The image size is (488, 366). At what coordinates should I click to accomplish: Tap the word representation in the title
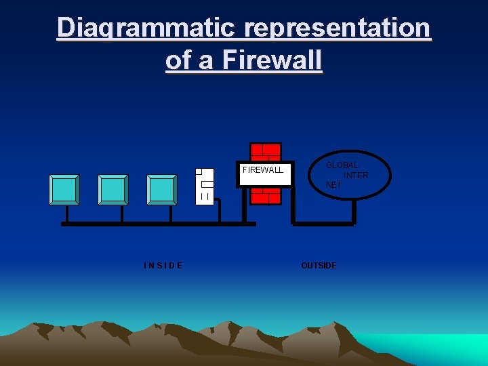click(x=337, y=28)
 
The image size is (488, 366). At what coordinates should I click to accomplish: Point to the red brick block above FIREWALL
click(x=265, y=152)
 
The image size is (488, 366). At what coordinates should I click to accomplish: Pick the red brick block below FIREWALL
click(x=265, y=196)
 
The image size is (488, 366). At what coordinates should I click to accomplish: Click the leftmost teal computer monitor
click(x=64, y=189)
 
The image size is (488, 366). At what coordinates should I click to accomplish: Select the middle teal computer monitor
click(x=113, y=189)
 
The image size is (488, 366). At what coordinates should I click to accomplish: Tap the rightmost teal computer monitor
click(x=162, y=189)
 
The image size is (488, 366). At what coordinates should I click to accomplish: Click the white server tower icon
click(x=205, y=185)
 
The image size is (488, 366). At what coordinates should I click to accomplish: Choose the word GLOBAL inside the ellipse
click(x=342, y=165)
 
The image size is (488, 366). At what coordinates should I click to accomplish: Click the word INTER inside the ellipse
click(x=356, y=176)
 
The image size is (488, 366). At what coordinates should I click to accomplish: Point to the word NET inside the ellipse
click(x=333, y=184)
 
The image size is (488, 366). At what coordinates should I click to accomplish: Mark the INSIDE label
click(x=163, y=265)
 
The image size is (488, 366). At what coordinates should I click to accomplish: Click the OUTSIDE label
click(x=319, y=265)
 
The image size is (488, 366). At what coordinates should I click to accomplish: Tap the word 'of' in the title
click(x=178, y=60)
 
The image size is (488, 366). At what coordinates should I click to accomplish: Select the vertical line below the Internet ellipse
click(x=354, y=210)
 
